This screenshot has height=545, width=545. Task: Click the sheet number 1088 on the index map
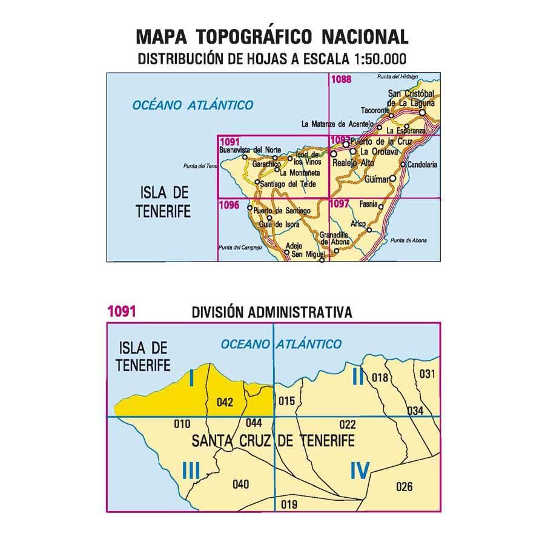342,78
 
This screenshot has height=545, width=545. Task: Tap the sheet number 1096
229,205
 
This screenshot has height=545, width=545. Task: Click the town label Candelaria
421,164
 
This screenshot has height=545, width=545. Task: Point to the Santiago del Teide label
287,183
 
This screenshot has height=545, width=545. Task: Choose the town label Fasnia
368,203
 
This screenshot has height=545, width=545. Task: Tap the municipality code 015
285,400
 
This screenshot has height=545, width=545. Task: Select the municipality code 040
240,483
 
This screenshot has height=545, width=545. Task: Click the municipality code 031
427,374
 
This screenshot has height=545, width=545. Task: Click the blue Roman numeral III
190,470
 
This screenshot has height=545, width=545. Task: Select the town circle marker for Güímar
393,179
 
